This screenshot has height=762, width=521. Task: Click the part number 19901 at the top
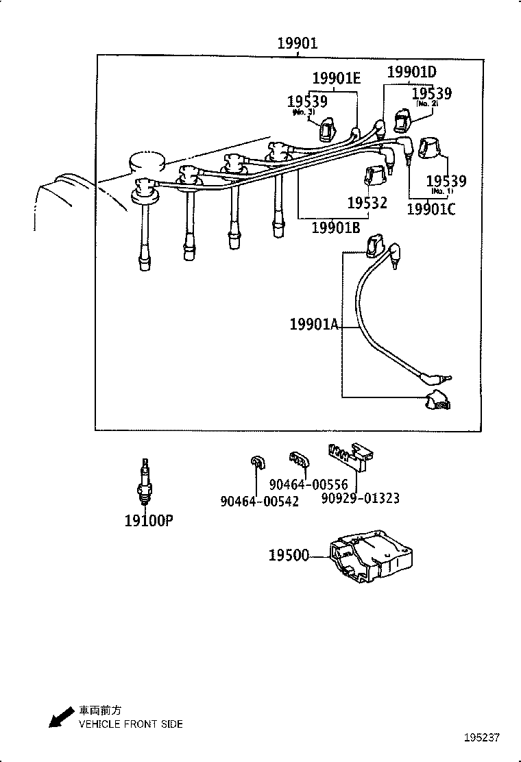click(x=298, y=44)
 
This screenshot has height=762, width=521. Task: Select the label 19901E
click(x=336, y=79)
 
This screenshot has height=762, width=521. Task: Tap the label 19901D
click(x=412, y=72)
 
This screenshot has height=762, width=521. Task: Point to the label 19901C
click(x=431, y=209)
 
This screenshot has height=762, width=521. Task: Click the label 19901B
click(x=335, y=228)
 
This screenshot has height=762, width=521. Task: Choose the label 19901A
click(x=314, y=324)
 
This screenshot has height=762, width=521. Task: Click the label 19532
click(x=367, y=203)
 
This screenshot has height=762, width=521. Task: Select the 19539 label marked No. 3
click(x=307, y=101)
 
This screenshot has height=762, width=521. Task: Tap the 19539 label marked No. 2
click(x=432, y=93)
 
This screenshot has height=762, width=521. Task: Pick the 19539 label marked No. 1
click(x=446, y=182)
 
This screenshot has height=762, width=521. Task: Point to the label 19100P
click(x=149, y=520)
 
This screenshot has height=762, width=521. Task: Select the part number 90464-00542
click(x=260, y=501)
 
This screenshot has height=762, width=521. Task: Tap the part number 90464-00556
click(x=308, y=484)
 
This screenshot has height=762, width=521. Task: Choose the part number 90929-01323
click(x=361, y=498)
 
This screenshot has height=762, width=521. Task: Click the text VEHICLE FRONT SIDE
click(x=131, y=724)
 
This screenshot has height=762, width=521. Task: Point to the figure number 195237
click(x=482, y=738)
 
